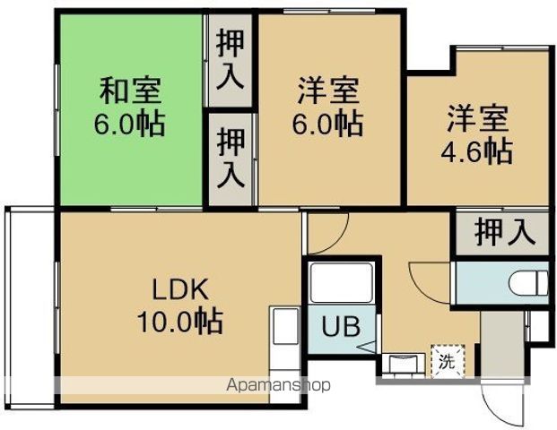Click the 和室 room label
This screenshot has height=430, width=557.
pos(130,91)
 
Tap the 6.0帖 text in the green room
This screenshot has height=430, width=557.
pos(130,124)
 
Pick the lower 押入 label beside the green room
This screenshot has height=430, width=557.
pos(231,158)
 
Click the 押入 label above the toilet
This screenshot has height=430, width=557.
pos(505,233)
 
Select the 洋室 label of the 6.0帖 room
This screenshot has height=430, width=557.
pos(328,91)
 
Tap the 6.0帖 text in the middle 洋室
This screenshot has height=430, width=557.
pos(328,124)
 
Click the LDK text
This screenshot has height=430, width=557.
pos(178,288)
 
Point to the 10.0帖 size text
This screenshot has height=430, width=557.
pos(178,319)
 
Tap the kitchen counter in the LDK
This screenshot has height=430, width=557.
pos(284,345)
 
